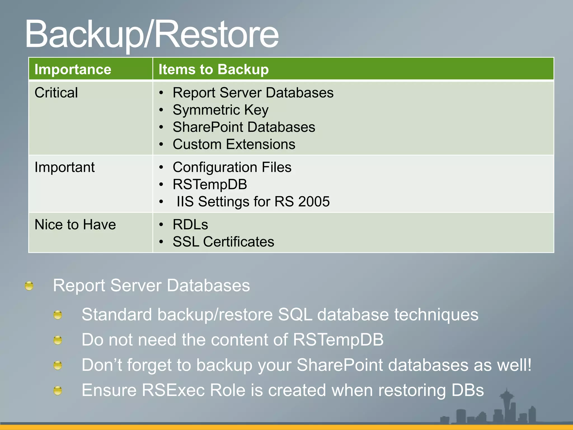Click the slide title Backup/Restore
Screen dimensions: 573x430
coord(152,34)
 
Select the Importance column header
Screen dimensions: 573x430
coord(73,69)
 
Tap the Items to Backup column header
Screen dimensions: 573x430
coord(213,69)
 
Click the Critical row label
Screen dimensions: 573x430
coord(56,93)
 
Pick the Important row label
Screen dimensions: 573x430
coord(65,167)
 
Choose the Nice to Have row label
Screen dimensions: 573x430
coord(75,225)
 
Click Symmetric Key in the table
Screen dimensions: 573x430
coord(220,110)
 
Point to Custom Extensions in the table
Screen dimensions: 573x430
coord(234,144)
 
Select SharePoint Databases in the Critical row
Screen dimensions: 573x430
coord(244,127)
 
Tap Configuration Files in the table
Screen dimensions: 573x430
coord(232,167)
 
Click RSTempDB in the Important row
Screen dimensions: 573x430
coord(210,184)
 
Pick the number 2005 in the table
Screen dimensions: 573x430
coord(314,202)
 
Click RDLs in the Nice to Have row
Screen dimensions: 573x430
coord(190,225)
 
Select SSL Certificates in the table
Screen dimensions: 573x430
coord(223,242)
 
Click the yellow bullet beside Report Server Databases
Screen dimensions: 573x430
coord(29,286)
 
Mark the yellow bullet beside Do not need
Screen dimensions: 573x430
coord(58,340)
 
